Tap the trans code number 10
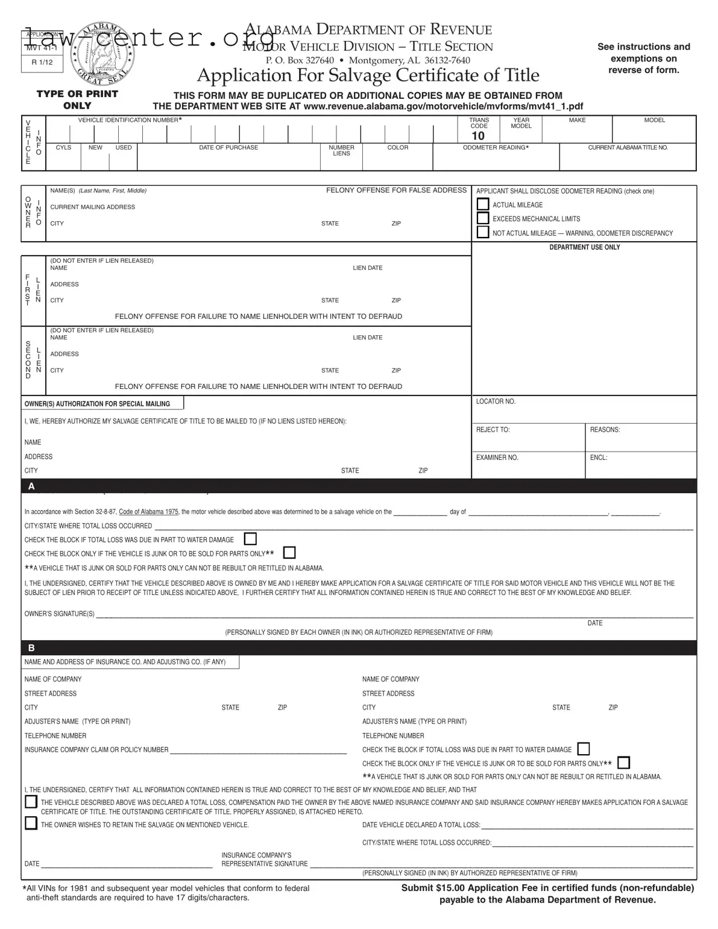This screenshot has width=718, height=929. [x=478, y=136]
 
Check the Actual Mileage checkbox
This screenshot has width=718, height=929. [x=483, y=204]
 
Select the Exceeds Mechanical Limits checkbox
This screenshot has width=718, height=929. [x=483, y=218]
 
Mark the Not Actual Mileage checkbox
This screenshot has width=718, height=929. [x=483, y=232]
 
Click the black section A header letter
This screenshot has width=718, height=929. [x=31, y=487]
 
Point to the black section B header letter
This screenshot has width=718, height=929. [x=31, y=648]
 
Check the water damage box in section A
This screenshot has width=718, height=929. [x=250, y=539]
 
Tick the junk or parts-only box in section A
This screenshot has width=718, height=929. [x=289, y=553]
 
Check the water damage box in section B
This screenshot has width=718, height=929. [x=583, y=749]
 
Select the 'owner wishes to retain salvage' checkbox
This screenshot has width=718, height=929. [x=31, y=824]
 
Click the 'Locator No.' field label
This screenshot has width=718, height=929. [x=496, y=402]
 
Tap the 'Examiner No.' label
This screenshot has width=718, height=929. [x=497, y=458]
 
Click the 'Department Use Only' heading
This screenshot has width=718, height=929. [x=584, y=247]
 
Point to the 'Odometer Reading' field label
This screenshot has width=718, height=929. [x=496, y=148]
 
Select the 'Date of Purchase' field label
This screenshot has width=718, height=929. [x=228, y=148]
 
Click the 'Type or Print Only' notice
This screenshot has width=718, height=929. [x=77, y=99]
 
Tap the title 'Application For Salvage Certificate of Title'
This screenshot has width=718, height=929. [x=368, y=75]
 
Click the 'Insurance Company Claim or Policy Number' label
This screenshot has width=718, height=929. [x=96, y=750]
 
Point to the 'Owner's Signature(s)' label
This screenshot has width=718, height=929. [x=59, y=614]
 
